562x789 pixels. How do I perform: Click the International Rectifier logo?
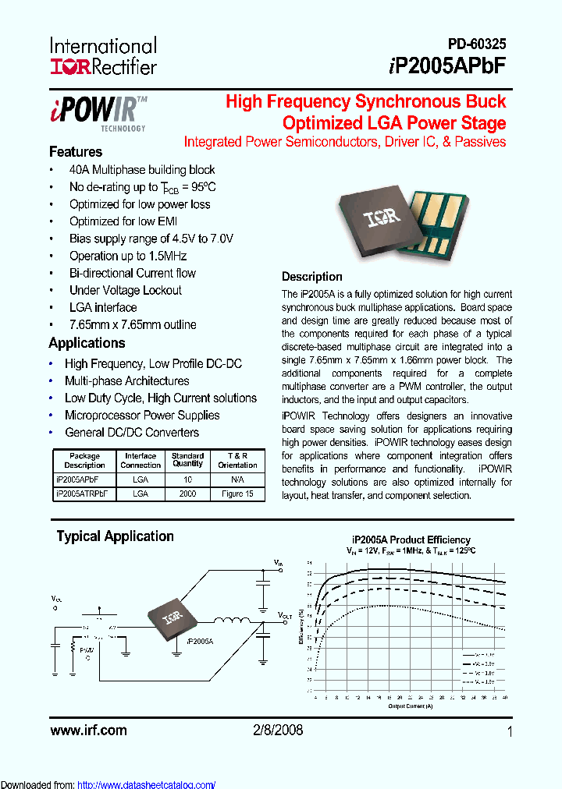103,56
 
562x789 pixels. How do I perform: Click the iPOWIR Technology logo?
98,112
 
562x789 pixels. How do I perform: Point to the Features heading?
76,152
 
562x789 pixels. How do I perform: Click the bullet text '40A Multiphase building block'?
142,170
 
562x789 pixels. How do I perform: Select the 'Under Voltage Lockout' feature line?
125,290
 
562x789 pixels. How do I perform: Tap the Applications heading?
87,343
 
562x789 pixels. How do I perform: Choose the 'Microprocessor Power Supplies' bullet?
142,416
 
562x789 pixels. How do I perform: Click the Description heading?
311,277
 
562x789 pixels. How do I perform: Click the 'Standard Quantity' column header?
187,460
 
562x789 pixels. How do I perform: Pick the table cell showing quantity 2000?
187,494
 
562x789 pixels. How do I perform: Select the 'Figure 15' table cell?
237,494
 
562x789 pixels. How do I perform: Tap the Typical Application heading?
115,536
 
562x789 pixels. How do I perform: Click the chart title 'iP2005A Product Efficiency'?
411,540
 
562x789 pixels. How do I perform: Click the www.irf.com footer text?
87,731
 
